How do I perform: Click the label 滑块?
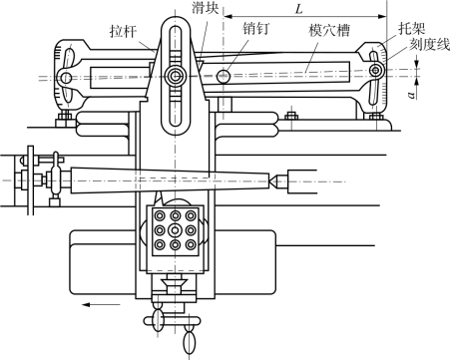205,8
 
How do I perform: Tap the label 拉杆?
124,32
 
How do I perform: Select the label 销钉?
255,28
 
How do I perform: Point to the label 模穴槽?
329,30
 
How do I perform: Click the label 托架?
412,29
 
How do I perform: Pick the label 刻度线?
429,44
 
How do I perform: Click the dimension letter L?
299,9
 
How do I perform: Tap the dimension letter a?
412,96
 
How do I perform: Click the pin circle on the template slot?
224,77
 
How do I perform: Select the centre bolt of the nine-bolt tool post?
175,229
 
